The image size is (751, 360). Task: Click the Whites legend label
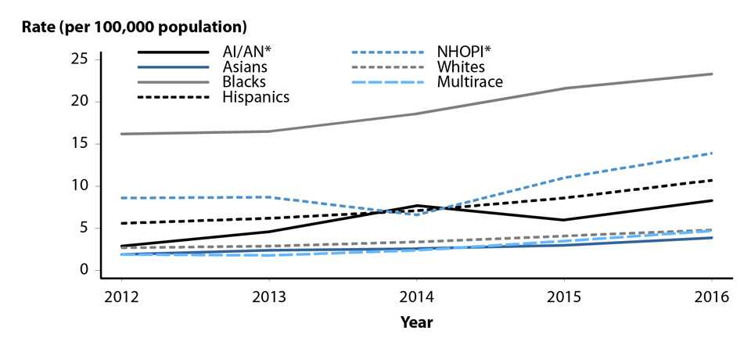pyautogui.click(x=460, y=67)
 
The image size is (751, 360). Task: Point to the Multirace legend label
pyautogui.click(x=469, y=82)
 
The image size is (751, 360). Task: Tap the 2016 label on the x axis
pyautogui.click(x=711, y=297)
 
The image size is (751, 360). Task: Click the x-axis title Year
pyautogui.click(x=416, y=322)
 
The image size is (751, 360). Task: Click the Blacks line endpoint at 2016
pyautogui.click(x=712, y=74)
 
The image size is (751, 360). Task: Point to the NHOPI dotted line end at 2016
pyautogui.click(x=712, y=153)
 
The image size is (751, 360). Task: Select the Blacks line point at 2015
pyautogui.click(x=564, y=88)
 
